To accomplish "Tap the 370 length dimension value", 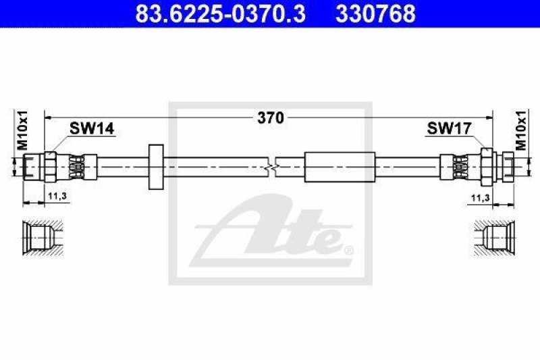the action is click(x=271, y=118).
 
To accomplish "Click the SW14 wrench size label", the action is click(x=92, y=129).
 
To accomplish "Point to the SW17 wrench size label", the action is click(x=449, y=129).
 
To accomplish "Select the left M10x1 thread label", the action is click(x=23, y=130).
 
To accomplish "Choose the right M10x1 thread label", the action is click(x=521, y=130).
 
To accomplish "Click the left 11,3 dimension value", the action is click(x=57, y=197).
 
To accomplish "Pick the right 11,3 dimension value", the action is click(x=481, y=198).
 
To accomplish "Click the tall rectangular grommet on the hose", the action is click(x=156, y=167).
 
